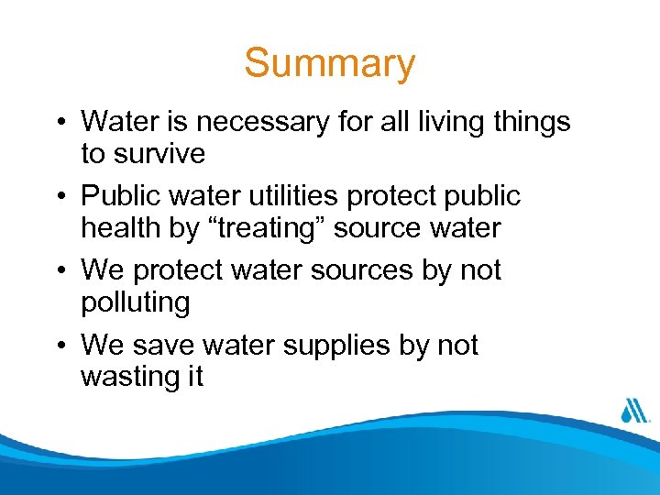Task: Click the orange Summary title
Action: coord(330,64)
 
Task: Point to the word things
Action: coord(532,121)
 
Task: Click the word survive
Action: coord(158,153)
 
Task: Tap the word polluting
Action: coord(136,302)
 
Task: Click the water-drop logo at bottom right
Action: coord(633,411)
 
